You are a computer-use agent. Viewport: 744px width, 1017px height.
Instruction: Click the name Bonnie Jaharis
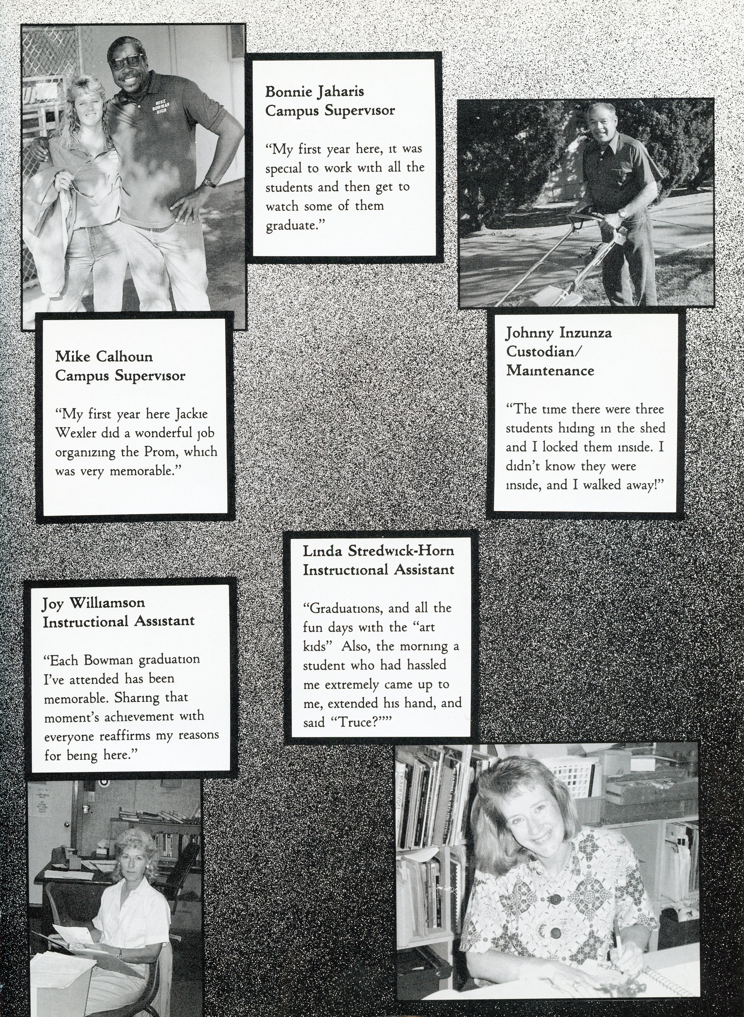314,92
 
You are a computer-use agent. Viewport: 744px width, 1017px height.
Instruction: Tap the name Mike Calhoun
104,357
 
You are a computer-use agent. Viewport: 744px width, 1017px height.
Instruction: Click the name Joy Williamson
94,602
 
